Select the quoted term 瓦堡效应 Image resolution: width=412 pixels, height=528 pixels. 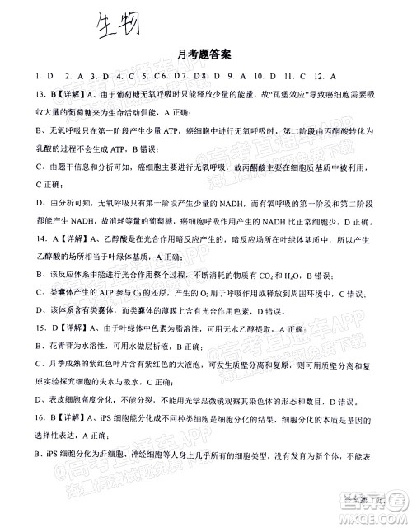click(273, 95)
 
